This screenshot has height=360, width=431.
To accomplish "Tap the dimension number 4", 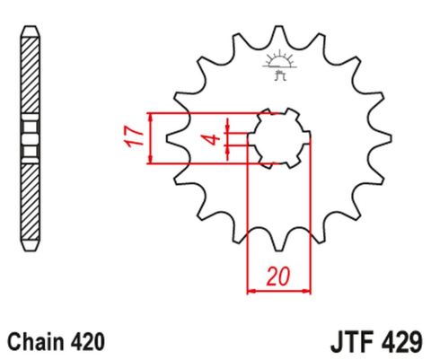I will coord(211,139).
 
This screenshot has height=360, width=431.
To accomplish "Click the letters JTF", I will coord(345,341).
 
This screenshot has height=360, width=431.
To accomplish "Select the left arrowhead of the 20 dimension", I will coord(251,291).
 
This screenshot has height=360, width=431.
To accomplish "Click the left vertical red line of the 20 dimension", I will coord(246,224).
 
